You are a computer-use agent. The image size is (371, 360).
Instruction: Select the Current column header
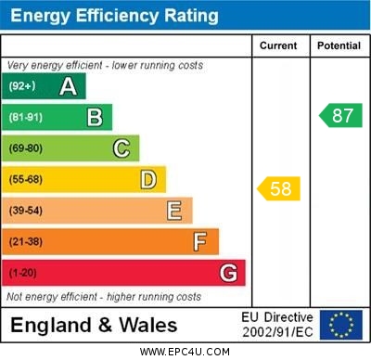click(278, 45)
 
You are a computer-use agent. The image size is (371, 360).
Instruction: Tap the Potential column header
click(339, 45)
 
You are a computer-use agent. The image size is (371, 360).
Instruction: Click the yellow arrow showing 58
click(278, 189)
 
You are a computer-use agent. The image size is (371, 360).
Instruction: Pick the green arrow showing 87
click(339, 116)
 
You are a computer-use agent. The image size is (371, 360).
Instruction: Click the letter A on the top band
click(68, 87)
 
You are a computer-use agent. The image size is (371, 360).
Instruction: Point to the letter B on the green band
click(95, 118)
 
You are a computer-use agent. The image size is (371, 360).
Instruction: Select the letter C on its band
click(122, 148)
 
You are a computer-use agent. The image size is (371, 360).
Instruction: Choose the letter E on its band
click(174, 211)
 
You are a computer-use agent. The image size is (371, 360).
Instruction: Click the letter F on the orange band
click(200, 242)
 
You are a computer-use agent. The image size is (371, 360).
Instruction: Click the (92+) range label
click(22, 87)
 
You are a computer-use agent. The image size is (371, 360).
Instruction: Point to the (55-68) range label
click(26, 179)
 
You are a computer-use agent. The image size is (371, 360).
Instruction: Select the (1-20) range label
click(23, 274)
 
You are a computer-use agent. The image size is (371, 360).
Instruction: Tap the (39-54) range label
click(26, 211)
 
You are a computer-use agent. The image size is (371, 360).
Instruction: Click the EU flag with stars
click(341, 325)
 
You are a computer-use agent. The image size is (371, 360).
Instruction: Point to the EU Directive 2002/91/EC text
click(277, 325)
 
